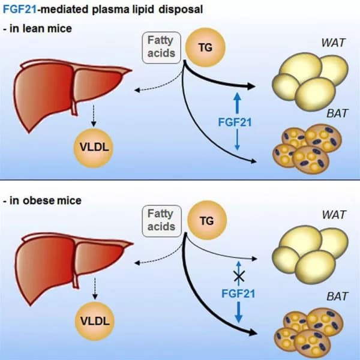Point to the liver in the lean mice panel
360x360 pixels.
[x=66, y=93]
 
